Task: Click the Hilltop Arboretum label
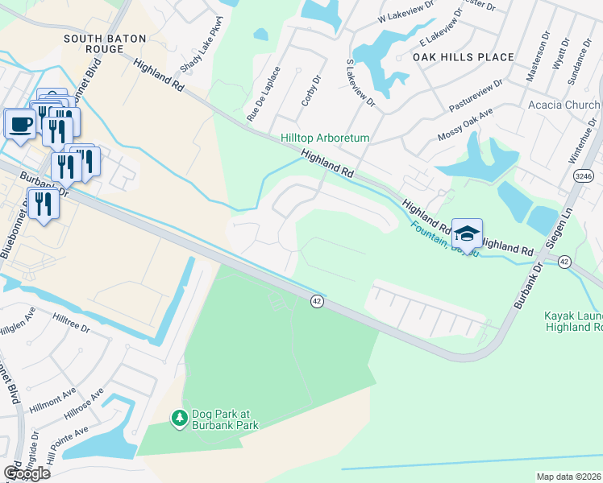pos(325,138)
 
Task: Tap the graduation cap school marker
pos(467,233)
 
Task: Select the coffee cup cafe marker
pos(20,124)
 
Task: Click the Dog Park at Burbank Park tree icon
pos(180,419)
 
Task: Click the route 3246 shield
pos(585,174)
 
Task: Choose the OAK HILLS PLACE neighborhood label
pos(463,57)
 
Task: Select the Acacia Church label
pos(563,105)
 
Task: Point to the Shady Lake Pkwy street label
pos(204,56)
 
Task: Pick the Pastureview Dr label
pos(476,94)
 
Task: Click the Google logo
pos(26,473)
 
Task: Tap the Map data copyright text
pos(568,477)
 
